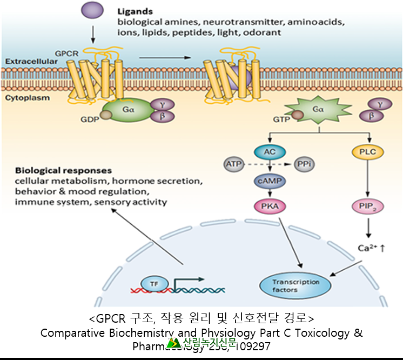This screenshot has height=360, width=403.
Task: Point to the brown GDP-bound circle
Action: tap(106, 115)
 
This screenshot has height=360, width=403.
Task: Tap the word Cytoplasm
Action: tap(28, 98)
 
